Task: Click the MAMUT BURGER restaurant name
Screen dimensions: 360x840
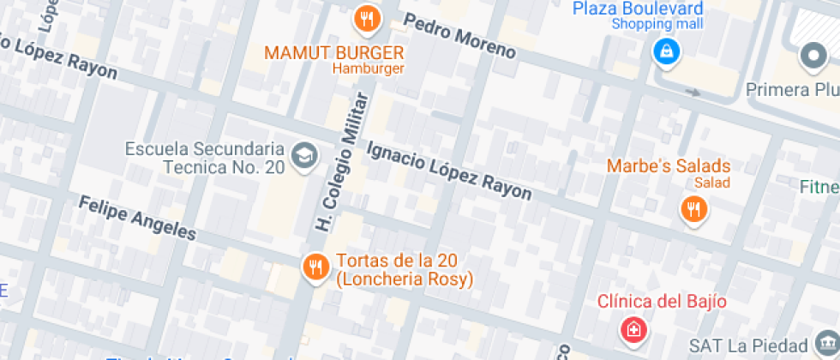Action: click(x=333, y=52)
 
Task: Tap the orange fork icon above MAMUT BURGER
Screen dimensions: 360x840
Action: click(x=366, y=17)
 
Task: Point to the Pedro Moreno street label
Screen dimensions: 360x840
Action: click(x=459, y=37)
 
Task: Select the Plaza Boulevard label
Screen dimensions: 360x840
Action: click(x=638, y=8)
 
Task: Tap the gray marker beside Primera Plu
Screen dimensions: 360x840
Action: click(x=812, y=57)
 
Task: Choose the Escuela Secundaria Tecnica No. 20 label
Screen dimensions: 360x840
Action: click(x=204, y=158)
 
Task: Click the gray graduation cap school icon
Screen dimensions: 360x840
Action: click(x=303, y=154)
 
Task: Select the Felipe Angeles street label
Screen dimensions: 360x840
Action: click(x=137, y=218)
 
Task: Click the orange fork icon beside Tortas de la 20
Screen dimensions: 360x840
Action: click(x=315, y=267)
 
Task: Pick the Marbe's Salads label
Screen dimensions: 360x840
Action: click(x=669, y=165)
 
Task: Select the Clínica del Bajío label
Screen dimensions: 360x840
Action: click(x=662, y=301)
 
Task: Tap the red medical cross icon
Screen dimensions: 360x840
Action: click(x=633, y=329)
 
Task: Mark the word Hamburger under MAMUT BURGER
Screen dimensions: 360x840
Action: click(x=368, y=69)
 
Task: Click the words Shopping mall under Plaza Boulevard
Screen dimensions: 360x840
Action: click(x=657, y=24)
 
